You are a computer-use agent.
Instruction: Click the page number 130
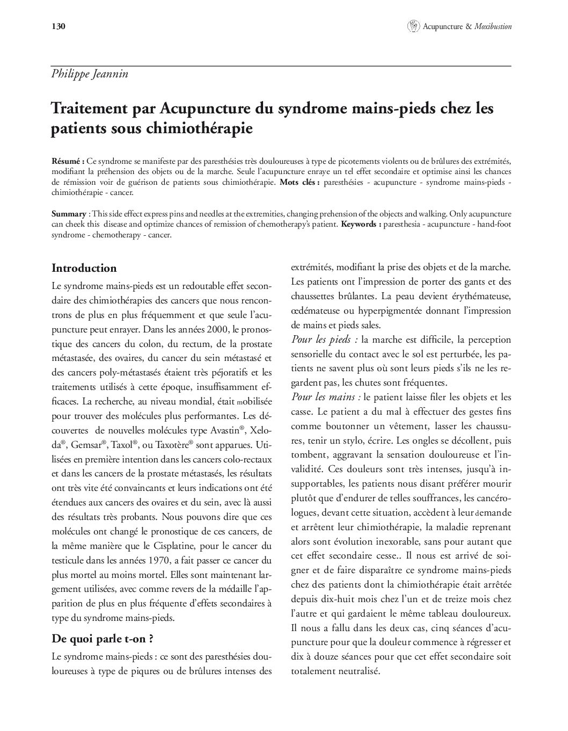coord(59,26)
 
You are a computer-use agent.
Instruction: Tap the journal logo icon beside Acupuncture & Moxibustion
coord(413,26)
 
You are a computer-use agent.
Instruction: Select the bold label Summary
coord(68,214)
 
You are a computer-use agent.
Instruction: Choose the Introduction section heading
coord(84,268)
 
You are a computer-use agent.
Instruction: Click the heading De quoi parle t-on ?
coord(103,639)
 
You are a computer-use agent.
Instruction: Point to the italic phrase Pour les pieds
coord(324,339)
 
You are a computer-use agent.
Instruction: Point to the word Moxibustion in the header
coord(493,26)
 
